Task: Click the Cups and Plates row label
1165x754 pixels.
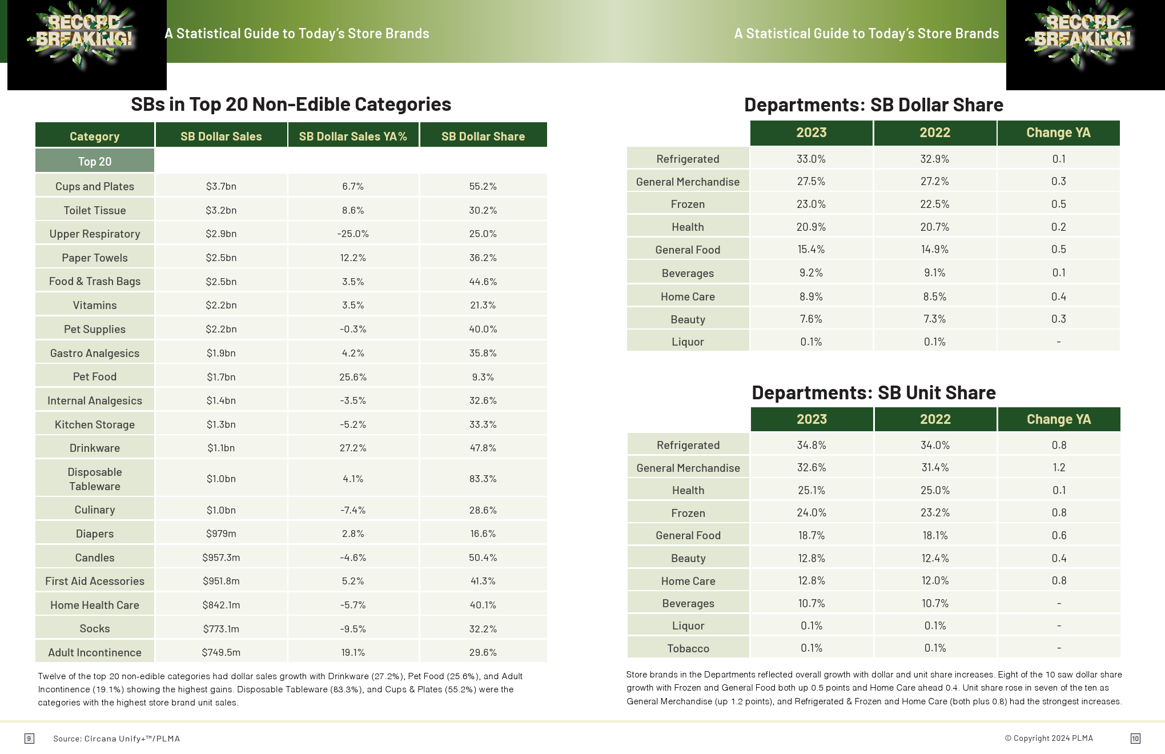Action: tap(95, 186)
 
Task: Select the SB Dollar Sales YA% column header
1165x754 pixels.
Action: tap(353, 136)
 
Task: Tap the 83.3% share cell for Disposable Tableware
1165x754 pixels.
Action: tap(483, 479)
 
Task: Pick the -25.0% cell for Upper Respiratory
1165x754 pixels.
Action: tap(353, 234)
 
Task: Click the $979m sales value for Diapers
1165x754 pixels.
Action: tap(221, 534)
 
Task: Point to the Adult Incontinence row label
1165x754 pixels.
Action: tap(95, 652)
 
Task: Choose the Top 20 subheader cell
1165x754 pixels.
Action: tap(95, 161)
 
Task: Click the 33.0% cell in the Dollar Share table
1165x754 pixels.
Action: tap(811, 159)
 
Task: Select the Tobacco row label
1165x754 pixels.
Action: tap(688, 648)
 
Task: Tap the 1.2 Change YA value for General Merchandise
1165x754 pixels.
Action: tap(1059, 467)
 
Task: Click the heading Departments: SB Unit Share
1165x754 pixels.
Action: tap(873, 392)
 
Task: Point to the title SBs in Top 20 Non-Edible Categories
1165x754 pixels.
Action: tap(291, 104)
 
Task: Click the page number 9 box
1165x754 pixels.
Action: tap(29, 739)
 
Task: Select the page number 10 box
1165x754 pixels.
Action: tap(1135, 739)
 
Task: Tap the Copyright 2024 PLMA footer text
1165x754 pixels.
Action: tap(1048, 738)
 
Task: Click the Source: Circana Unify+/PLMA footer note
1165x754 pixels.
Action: tap(116, 739)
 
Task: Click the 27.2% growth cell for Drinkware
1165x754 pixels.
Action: tap(353, 448)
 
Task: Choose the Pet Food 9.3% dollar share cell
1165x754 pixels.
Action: tap(483, 377)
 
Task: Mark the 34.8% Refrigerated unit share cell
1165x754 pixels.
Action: tap(812, 445)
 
